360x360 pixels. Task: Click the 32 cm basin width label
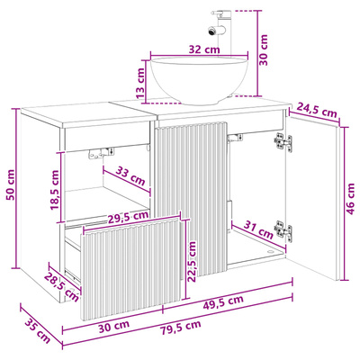204,49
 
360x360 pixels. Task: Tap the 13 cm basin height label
140,83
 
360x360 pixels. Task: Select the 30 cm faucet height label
264,49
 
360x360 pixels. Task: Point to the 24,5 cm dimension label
317,110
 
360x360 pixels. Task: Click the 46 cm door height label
350,199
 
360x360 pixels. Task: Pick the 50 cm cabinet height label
11,184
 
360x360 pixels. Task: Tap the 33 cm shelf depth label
130,176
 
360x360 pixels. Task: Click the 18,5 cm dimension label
55,190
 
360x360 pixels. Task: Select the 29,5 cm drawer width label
128,217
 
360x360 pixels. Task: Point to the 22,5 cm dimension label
193,261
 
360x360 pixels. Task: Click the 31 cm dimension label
257,229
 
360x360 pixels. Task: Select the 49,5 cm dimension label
223,302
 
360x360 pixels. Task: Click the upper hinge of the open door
283,141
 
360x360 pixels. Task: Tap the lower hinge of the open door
283,229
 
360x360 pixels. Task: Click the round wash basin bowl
199,80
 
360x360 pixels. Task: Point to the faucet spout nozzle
212,31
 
